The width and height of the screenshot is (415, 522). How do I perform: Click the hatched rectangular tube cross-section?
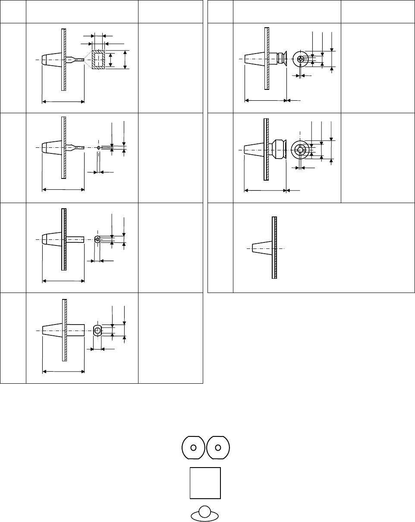point(98,59)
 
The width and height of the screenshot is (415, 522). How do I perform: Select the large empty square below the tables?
point(205,483)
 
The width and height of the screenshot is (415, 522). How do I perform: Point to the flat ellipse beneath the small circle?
point(195,515)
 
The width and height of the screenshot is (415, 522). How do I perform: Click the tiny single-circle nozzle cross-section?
point(99,148)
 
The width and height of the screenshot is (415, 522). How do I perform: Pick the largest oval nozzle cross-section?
point(97,331)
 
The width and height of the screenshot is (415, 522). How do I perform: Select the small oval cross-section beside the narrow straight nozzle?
point(97,239)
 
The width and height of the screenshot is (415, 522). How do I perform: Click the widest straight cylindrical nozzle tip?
point(76,331)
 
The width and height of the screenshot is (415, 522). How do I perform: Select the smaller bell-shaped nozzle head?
point(281,58)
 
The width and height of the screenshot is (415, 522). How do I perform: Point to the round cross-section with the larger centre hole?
point(300,149)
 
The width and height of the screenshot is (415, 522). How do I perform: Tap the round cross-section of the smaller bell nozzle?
point(300,58)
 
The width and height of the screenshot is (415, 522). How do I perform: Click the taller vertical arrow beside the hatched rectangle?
point(125,59)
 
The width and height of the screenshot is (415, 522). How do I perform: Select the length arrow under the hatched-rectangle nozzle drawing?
point(63,102)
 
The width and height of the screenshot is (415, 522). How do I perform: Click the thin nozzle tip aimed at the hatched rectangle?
point(78,59)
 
